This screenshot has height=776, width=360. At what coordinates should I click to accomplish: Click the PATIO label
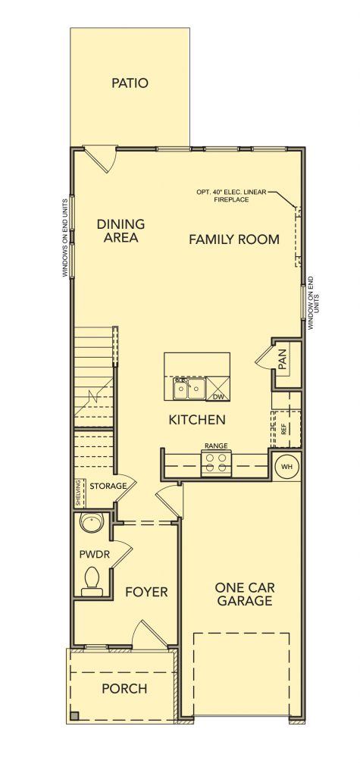(x=130, y=83)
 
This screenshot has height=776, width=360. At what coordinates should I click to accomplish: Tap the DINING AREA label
(x=121, y=230)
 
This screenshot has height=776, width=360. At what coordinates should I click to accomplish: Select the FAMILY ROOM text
(x=234, y=239)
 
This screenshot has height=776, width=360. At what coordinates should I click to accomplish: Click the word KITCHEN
(x=197, y=420)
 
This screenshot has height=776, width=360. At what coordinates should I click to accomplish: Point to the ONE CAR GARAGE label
(x=245, y=594)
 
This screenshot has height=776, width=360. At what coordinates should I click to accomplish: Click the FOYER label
(x=146, y=592)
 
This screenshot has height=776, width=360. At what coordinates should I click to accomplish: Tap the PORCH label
(x=124, y=688)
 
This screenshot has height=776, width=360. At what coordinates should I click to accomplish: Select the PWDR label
(x=95, y=554)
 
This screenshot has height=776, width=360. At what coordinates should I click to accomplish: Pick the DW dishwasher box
(x=218, y=389)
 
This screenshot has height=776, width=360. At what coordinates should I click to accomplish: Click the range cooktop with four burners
(x=217, y=463)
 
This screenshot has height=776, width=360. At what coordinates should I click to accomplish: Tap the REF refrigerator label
(x=283, y=429)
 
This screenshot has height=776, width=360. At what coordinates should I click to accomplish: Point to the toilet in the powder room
(x=92, y=582)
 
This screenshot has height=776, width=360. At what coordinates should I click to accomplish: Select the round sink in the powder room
(x=92, y=523)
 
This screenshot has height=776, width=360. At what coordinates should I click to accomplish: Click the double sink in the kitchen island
(x=189, y=389)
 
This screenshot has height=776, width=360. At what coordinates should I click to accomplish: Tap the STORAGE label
(x=108, y=486)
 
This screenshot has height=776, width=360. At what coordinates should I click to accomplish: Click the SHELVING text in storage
(x=78, y=493)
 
